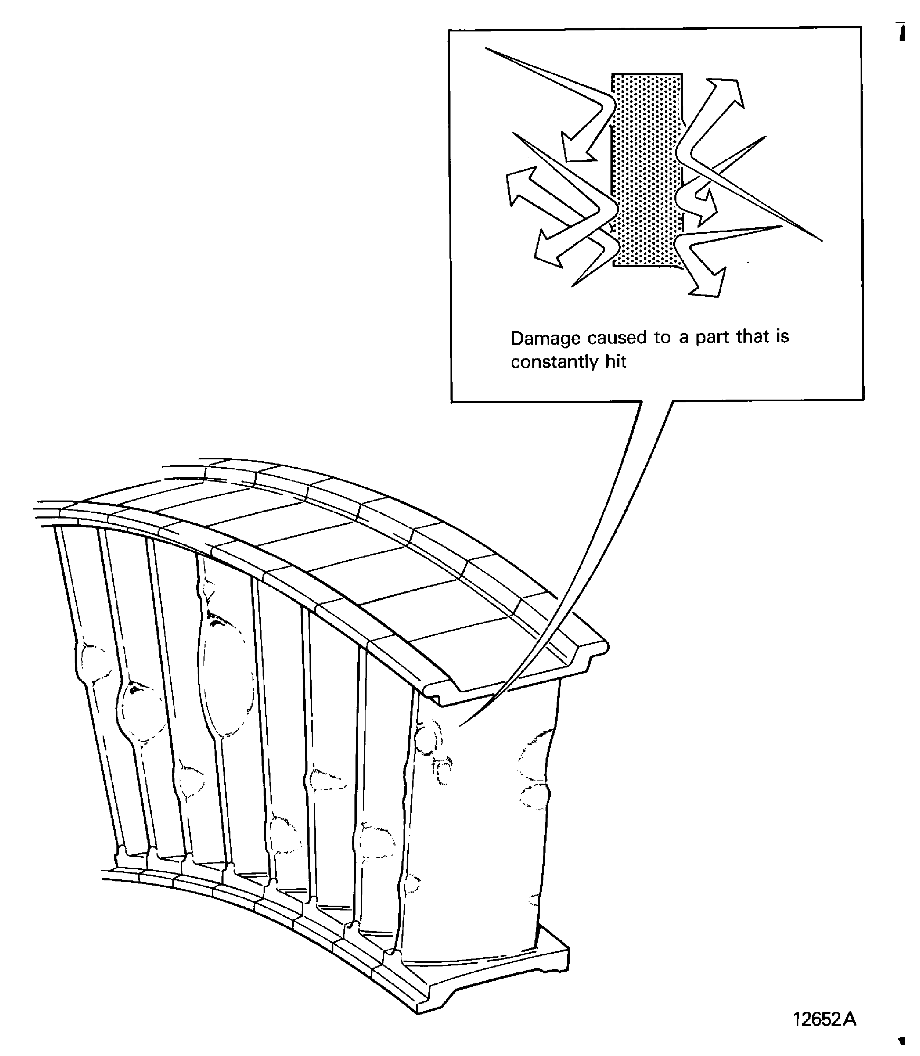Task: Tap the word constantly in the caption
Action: click(x=555, y=363)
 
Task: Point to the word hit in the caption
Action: click(x=616, y=362)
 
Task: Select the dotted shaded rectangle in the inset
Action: click(x=647, y=169)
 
